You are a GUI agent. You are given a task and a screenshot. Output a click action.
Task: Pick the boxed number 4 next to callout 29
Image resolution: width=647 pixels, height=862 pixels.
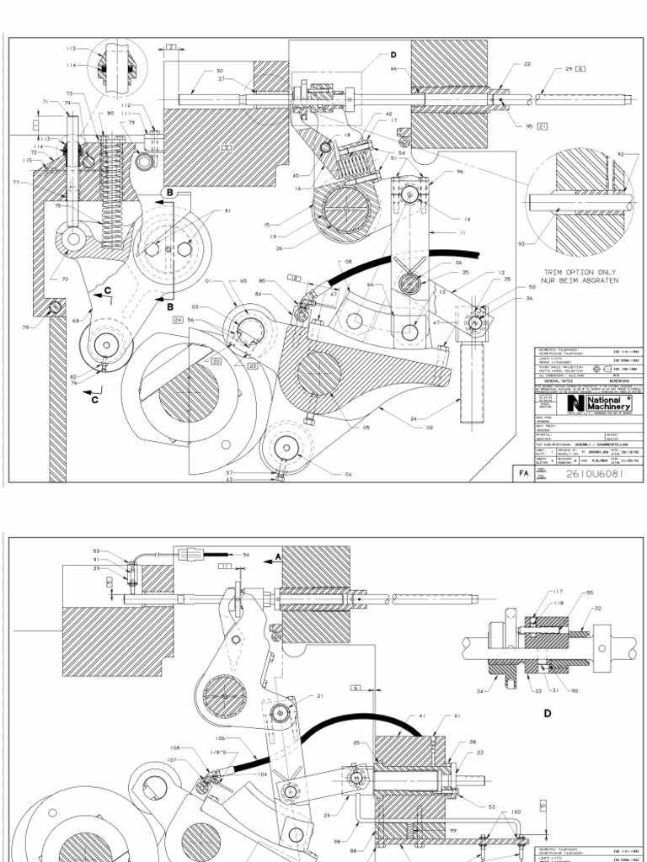[x=580, y=68]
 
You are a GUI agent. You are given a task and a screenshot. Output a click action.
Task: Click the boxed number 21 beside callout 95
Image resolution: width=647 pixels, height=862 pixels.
[x=542, y=127]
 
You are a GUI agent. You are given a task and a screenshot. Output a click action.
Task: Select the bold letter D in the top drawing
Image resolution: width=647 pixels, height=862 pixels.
[x=393, y=56]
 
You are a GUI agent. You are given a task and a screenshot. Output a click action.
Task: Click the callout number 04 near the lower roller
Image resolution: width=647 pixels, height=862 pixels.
[x=348, y=475]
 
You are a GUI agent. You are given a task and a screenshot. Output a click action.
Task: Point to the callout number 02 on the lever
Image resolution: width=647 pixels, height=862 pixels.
[x=430, y=428]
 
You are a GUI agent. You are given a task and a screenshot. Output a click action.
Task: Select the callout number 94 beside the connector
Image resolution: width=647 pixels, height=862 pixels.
[x=246, y=556]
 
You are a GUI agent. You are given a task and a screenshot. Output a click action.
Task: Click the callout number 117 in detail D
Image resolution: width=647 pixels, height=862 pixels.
[x=534, y=592]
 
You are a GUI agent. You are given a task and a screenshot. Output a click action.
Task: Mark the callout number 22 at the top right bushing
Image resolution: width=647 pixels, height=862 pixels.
[x=527, y=64]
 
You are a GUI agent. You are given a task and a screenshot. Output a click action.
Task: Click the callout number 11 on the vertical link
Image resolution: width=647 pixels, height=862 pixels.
[x=463, y=232]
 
